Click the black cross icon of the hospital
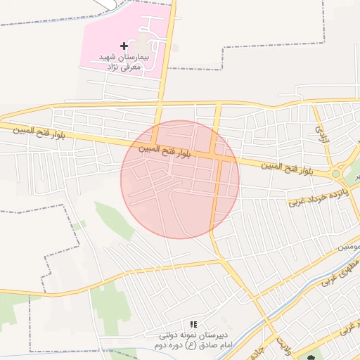click(x=124, y=46)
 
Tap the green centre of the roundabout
click(x=336, y=174)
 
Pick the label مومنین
click(x=349, y=247)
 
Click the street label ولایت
click(x=283, y=345)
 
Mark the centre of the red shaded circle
click(x=180, y=180)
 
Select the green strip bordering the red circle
click(x=112, y=218)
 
